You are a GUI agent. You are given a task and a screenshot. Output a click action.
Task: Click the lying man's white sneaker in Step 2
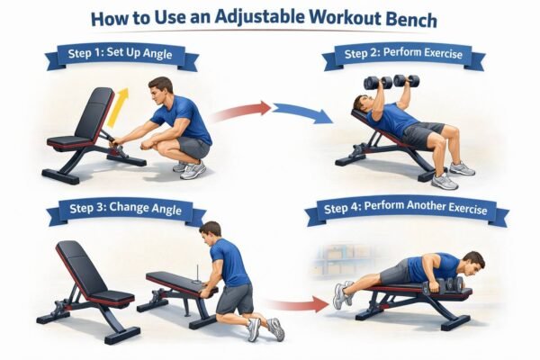click(x=461, y=168)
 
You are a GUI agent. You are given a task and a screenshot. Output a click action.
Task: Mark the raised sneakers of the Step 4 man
click(x=342, y=292)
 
